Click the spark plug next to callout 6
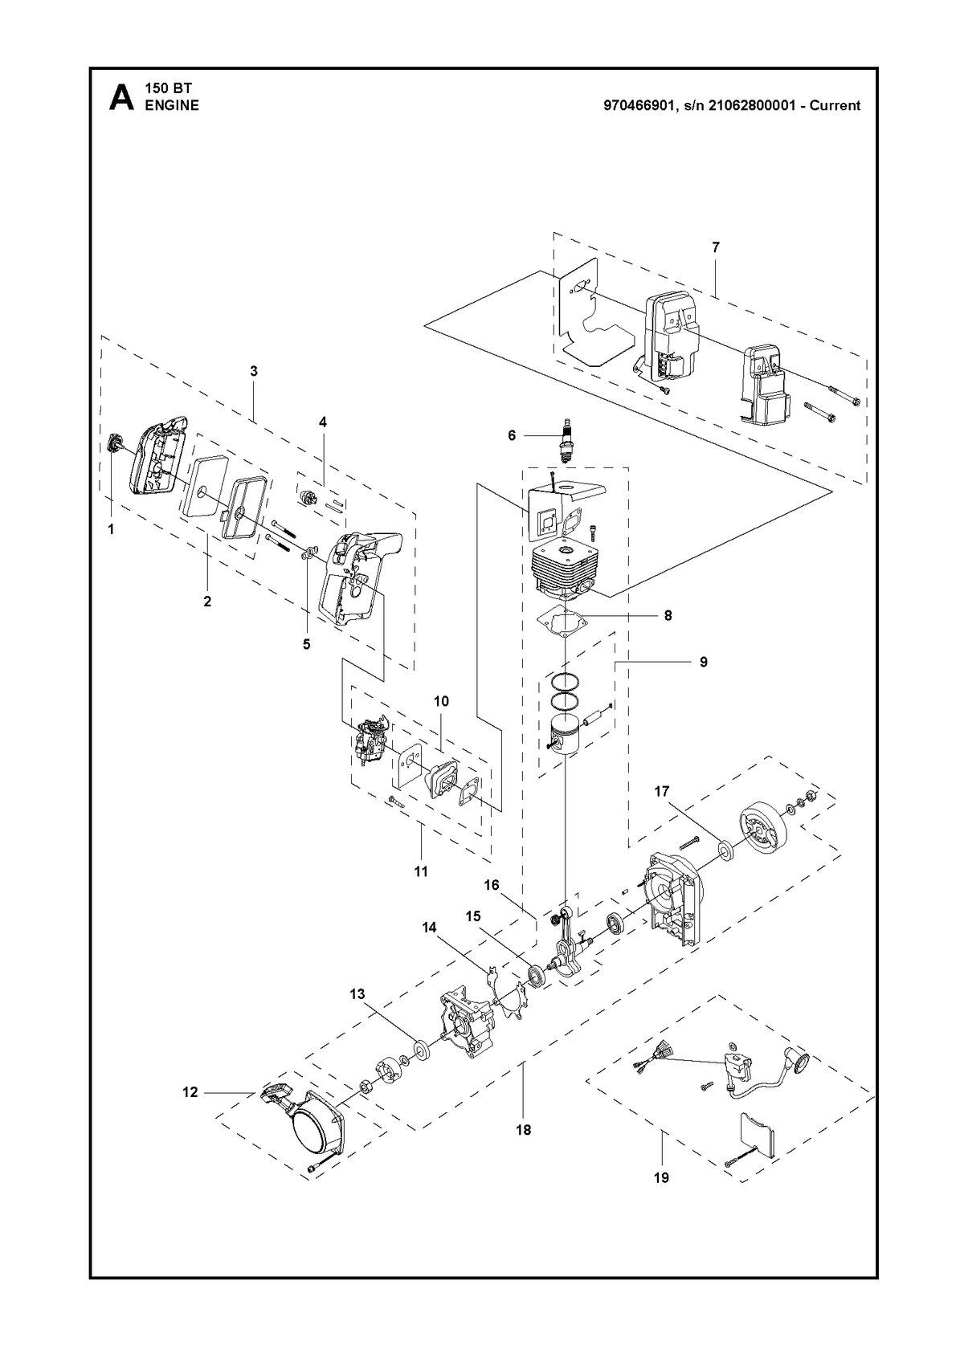pos(566,440)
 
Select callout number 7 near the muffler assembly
pos(716,247)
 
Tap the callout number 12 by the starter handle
pos(190,1092)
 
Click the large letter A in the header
pos(121,98)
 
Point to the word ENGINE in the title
pos(172,105)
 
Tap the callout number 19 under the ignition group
pos(661,1177)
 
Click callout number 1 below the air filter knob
pos(111,529)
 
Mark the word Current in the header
pos(835,105)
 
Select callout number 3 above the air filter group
pos(254,371)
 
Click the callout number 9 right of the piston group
pos(704,662)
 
